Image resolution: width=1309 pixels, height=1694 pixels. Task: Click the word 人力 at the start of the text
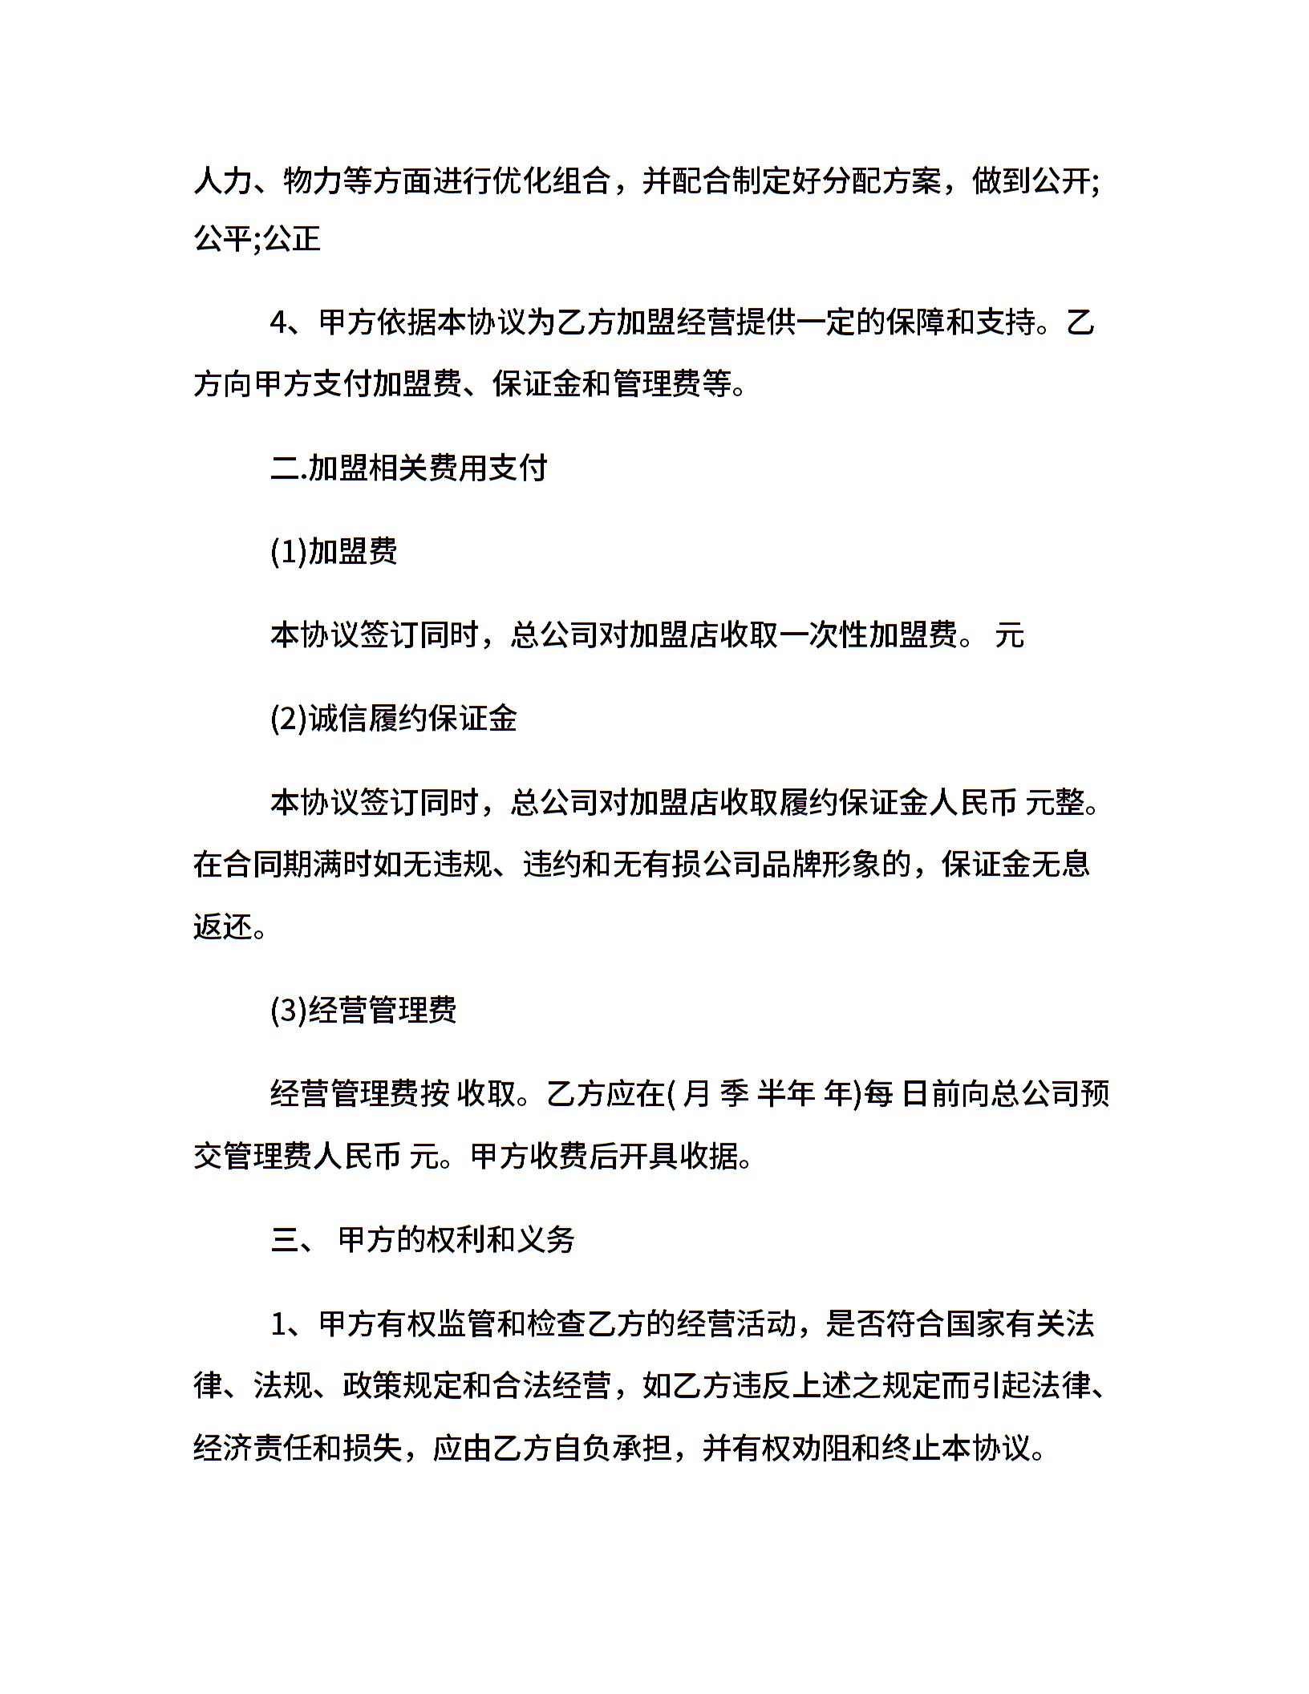click(x=223, y=181)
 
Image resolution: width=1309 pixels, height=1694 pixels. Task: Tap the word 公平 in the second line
click(x=223, y=238)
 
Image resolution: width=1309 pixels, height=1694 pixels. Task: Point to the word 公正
click(x=292, y=238)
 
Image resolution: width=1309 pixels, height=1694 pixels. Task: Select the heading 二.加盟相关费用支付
click(x=409, y=468)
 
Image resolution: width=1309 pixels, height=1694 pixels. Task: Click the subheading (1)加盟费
click(x=334, y=551)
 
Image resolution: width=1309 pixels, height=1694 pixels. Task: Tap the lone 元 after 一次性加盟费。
click(x=1010, y=635)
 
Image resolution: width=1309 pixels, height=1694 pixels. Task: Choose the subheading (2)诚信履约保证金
click(x=394, y=718)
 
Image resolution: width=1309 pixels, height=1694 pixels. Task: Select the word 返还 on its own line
click(x=223, y=926)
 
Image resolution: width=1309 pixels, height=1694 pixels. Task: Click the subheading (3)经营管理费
click(x=363, y=1010)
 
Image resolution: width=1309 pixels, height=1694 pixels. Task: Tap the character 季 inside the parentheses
click(x=735, y=1093)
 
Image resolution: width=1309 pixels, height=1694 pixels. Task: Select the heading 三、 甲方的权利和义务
click(x=423, y=1239)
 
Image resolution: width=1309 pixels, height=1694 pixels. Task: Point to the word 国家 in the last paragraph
click(x=974, y=1323)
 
